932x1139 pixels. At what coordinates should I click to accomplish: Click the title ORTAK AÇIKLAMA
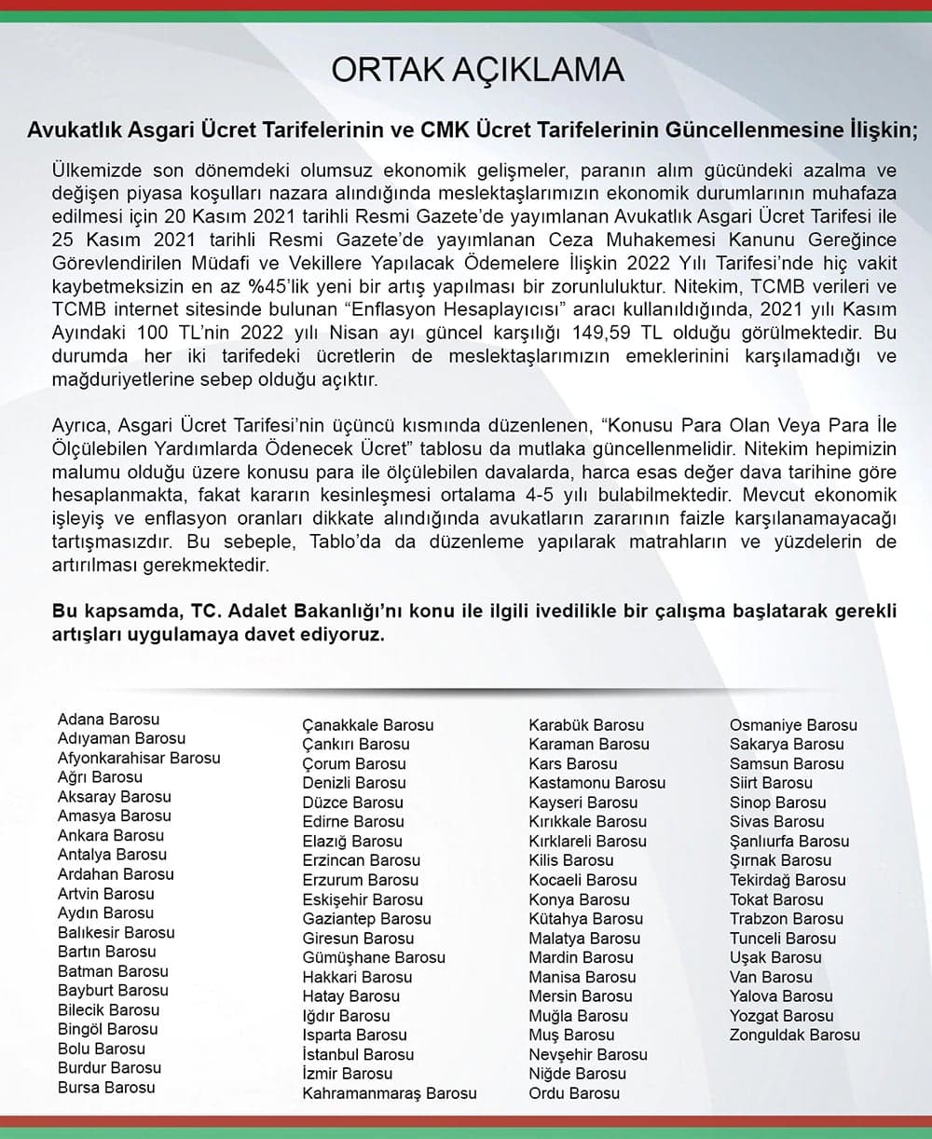[x=478, y=71]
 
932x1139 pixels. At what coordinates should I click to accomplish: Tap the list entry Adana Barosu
[x=108, y=719]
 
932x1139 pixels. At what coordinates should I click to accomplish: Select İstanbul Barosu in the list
[x=358, y=1054]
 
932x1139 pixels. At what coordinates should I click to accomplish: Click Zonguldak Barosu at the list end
[x=794, y=1035]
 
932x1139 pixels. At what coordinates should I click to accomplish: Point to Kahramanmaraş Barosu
[x=389, y=1093]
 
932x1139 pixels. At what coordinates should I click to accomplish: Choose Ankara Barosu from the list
[x=110, y=835]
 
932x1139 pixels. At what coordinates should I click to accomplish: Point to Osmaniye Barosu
[x=793, y=725]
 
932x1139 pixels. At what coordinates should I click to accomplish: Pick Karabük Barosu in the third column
[x=586, y=725]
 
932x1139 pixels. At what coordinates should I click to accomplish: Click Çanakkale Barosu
[x=368, y=725]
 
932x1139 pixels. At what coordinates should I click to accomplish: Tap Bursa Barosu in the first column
[x=106, y=1087]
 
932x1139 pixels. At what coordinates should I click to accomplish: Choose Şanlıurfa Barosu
[x=789, y=841]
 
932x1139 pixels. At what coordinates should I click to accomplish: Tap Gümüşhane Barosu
[x=374, y=957]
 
